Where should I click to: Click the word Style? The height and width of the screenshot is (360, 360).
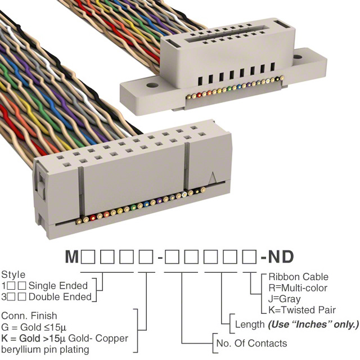[13, 275]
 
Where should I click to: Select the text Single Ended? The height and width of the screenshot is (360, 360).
[58, 285]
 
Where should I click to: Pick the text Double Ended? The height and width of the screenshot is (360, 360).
[60, 296]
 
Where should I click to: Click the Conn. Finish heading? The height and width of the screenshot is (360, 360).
[29, 316]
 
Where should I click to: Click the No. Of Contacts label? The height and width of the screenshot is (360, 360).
[251, 343]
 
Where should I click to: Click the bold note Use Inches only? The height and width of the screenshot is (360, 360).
[313, 325]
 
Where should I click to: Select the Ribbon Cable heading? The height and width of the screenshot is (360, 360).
[298, 277]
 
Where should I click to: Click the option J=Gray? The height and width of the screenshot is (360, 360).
[284, 299]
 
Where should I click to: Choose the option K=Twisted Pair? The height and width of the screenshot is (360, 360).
[302, 310]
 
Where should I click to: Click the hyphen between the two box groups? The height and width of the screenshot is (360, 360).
[161, 259]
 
